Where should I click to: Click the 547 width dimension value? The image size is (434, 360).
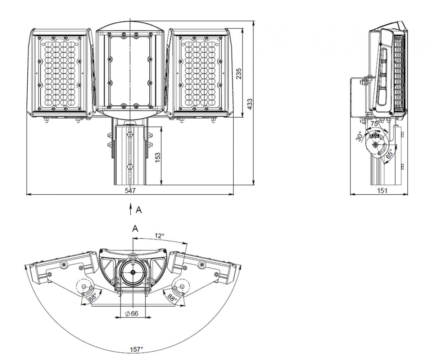[130, 190]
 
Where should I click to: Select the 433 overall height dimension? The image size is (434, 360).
[250, 104]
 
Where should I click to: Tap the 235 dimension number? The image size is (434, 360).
[239, 74]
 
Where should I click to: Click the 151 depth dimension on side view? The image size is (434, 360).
[382, 191]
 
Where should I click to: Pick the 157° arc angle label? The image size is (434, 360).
[136, 350]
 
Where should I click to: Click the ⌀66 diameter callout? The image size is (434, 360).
[132, 314]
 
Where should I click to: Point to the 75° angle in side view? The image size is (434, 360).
[375, 123]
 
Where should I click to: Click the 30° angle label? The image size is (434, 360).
[359, 136]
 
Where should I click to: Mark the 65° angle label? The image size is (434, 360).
[389, 154]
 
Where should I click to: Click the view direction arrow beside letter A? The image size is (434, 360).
[131, 209]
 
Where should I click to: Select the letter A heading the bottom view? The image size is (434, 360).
[135, 229]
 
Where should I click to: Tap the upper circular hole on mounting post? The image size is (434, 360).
[130, 135]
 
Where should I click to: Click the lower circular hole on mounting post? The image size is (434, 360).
[130, 167]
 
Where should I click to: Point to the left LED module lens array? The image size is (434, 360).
[60, 73]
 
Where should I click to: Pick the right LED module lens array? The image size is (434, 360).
[200, 73]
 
